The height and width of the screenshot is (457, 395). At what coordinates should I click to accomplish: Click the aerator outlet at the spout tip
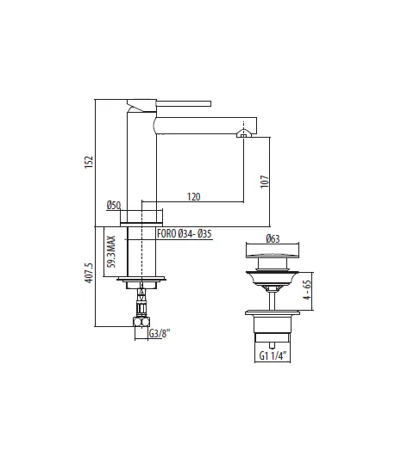coord(245,134)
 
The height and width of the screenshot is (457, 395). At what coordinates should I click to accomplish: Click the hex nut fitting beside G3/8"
coord(140,324)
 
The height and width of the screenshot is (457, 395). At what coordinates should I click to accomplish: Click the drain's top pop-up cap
coord(273,256)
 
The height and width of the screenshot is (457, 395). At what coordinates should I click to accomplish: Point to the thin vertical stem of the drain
coord(273,296)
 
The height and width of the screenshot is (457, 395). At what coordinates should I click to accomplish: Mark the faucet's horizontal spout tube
coord(203,127)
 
